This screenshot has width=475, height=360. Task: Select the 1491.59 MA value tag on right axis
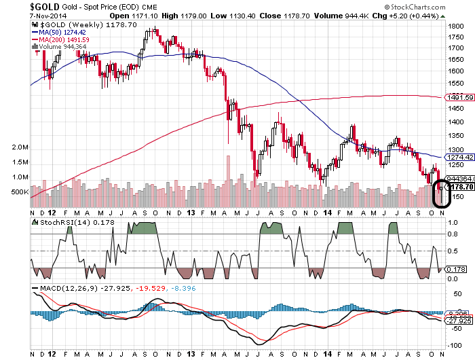pyautogui.click(x=459, y=98)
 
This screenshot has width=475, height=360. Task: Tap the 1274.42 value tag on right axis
pyautogui.click(x=459, y=157)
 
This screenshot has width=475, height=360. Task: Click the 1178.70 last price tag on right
pyautogui.click(x=461, y=187)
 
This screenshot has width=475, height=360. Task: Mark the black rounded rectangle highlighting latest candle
pyautogui.click(x=441, y=194)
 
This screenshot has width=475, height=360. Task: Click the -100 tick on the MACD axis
pyautogui.click(x=454, y=344)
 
